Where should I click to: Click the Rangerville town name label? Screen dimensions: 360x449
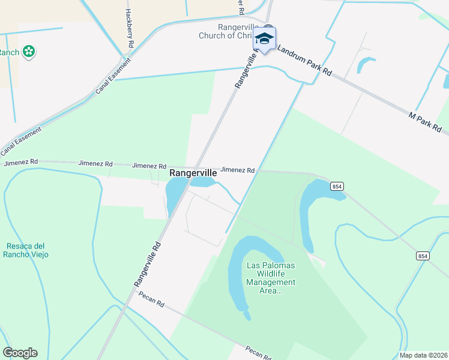pos(193,172)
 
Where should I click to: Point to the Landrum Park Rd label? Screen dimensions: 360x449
pos(304,62)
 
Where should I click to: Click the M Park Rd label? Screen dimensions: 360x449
pos(425,122)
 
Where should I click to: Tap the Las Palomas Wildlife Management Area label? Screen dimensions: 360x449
pos(271,278)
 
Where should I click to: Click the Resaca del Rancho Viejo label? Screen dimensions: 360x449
pos(27,250)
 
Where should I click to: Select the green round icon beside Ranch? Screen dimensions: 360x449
pos(28,52)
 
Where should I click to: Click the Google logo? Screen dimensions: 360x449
pos(20,353)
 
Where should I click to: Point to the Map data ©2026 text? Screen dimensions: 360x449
pos(423,355)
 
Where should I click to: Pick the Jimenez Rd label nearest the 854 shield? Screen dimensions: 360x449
pos(238,170)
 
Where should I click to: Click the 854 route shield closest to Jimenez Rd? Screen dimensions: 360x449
pos(337,187)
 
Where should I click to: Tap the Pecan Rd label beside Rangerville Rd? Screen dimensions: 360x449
pos(151,299)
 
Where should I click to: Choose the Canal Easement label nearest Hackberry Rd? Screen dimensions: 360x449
pos(112,76)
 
